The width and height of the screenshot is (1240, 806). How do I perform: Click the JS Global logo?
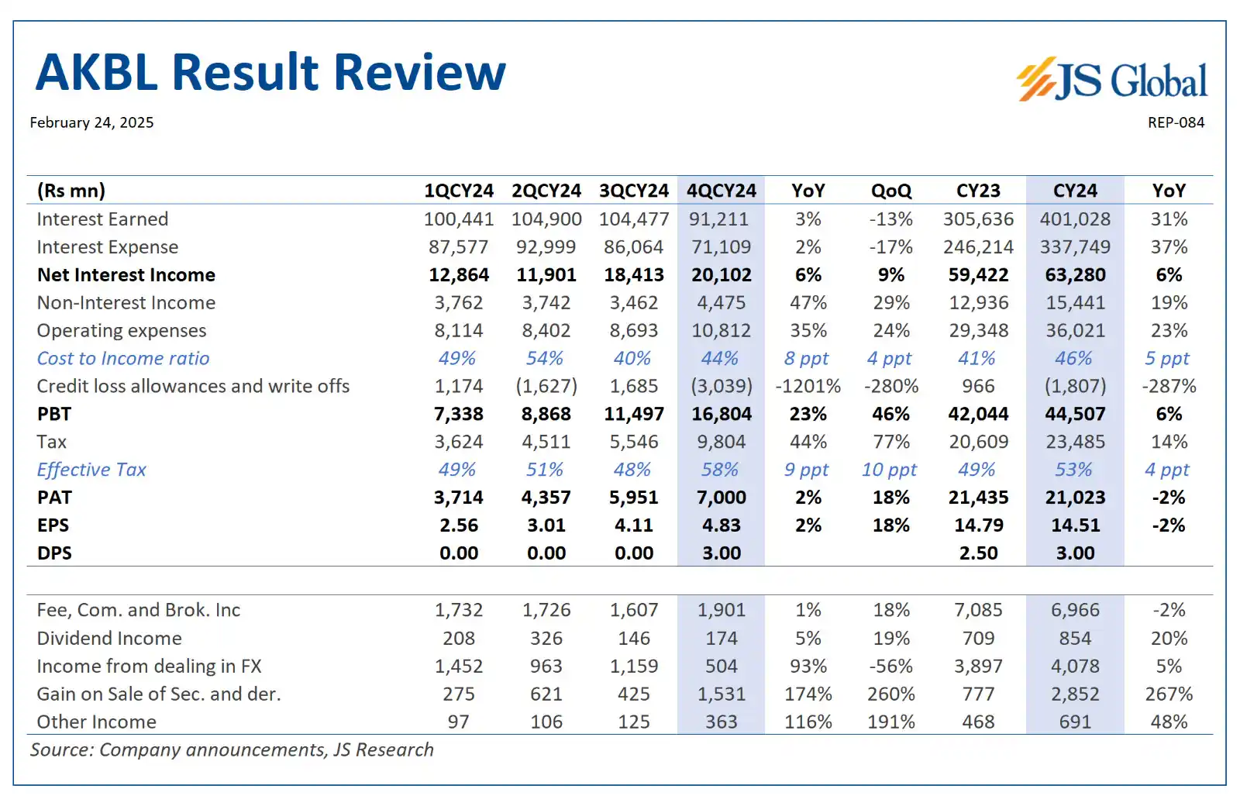pyautogui.click(x=1111, y=79)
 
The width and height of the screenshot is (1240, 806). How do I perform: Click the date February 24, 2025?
pyautogui.click(x=91, y=122)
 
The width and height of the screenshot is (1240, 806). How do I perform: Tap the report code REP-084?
pyautogui.click(x=1176, y=122)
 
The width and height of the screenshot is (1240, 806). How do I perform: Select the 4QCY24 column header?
pyautogui.click(x=721, y=191)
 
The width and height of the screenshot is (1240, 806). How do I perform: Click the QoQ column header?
pyautogui.click(x=890, y=191)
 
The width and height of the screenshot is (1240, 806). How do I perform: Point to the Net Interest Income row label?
pyautogui.click(x=126, y=275)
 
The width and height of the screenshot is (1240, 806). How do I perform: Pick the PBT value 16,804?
pyautogui.click(x=721, y=414)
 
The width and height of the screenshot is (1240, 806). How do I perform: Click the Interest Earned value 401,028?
pyautogui.click(x=1074, y=219)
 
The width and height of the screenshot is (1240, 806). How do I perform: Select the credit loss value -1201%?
pyautogui.click(x=808, y=386)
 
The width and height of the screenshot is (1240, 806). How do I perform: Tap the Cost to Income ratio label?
pyautogui.click(x=123, y=358)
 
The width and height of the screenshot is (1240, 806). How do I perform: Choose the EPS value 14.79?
pyautogui.click(x=978, y=525)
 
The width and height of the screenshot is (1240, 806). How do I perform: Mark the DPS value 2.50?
pyautogui.click(x=978, y=553)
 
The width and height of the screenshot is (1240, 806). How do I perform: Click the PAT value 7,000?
pyautogui.click(x=721, y=498)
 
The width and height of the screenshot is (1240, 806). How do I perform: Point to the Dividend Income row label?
pyautogui.click(x=109, y=639)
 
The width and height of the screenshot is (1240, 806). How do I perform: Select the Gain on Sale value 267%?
pyautogui.click(x=1168, y=694)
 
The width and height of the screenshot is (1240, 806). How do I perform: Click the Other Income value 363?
pyautogui.click(x=721, y=722)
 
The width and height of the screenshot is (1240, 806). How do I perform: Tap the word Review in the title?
pyautogui.click(x=419, y=73)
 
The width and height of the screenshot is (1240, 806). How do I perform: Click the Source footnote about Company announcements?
pyautogui.click(x=232, y=750)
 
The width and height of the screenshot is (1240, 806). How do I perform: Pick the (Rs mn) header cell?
pyautogui.click(x=71, y=191)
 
